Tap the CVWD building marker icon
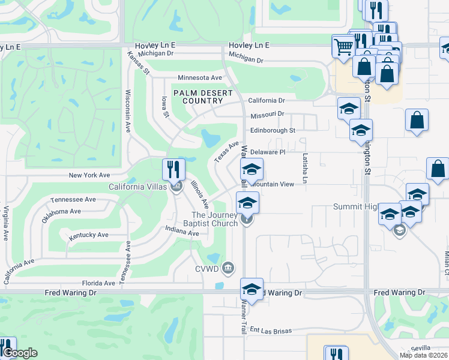point(228,267)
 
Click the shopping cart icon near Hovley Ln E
point(343,46)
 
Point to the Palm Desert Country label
point(199,97)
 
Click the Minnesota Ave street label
point(200,78)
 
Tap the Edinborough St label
point(273,130)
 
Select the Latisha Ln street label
point(304,168)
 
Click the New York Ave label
point(89,175)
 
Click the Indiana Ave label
point(182,229)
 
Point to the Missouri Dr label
point(266,114)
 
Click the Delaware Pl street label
point(267,152)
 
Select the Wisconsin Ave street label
point(128,112)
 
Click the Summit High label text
point(355,207)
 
